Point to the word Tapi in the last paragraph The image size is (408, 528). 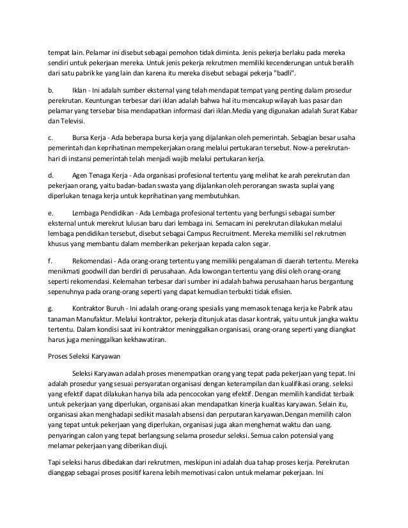(56, 462)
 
